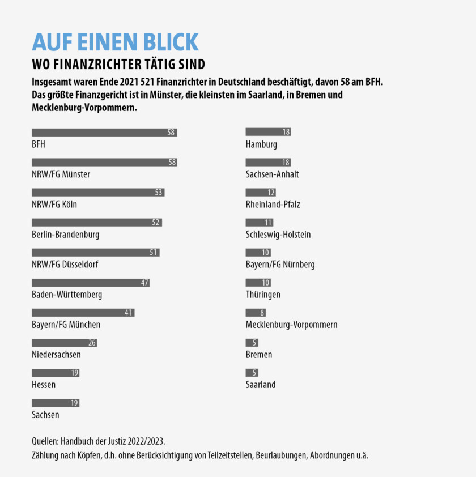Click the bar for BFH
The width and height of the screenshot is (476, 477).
pos(104,133)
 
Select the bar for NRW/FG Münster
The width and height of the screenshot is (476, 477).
pos(104,163)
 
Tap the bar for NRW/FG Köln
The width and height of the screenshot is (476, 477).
pos(98,193)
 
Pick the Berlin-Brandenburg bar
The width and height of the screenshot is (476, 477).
pos(97,223)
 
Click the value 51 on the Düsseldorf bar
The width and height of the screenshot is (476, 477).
pos(153,253)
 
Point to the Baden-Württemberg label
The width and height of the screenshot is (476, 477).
pos(67,295)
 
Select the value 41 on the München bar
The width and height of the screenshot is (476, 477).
pos(128,313)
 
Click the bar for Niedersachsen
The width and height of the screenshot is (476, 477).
pos(64,343)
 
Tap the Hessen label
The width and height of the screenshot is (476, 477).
pos(44,385)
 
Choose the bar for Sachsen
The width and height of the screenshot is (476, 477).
pos(56,403)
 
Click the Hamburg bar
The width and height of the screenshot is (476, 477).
pos(268,132)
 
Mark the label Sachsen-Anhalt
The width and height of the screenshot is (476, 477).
pos(272,174)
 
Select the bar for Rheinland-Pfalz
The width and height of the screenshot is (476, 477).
pos(261,193)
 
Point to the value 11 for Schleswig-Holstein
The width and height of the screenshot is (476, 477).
pos(268,223)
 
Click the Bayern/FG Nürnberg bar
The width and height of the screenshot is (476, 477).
pos(258,253)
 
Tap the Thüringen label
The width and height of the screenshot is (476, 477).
pos(263,295)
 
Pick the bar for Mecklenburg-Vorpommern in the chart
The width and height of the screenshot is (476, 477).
pos(256,313)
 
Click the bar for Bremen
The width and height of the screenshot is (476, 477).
pos(252,343)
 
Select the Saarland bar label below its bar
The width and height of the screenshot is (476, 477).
pos(261,385)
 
